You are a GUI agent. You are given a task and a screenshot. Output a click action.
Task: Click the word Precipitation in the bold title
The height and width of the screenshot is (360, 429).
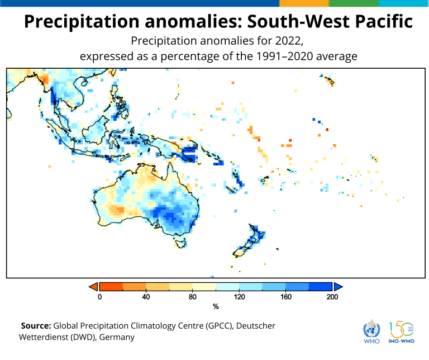(82, 22)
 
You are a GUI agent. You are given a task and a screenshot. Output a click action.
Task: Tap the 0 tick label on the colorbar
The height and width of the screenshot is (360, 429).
(100, 297)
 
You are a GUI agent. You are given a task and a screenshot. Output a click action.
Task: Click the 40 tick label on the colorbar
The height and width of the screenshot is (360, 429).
(146, 297)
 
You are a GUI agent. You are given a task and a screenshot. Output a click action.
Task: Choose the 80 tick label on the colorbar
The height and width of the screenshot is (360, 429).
(193, 297)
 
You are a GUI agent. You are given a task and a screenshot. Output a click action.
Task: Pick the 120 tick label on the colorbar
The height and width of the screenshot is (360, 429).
(239, 297)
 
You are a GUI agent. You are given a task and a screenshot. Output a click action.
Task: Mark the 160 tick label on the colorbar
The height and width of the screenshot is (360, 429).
(286, 297)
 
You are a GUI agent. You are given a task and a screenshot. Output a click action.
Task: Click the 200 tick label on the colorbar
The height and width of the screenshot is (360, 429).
(332, 297)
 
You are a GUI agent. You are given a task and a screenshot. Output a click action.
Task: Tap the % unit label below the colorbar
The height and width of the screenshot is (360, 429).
(216, 307)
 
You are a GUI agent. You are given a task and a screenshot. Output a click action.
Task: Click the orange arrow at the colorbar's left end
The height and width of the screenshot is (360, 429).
(93, 286)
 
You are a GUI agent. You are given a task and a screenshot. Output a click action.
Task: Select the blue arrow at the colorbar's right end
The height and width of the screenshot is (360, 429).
(338, 286)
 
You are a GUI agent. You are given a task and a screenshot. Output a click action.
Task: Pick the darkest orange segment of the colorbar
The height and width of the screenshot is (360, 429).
(111, 286)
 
